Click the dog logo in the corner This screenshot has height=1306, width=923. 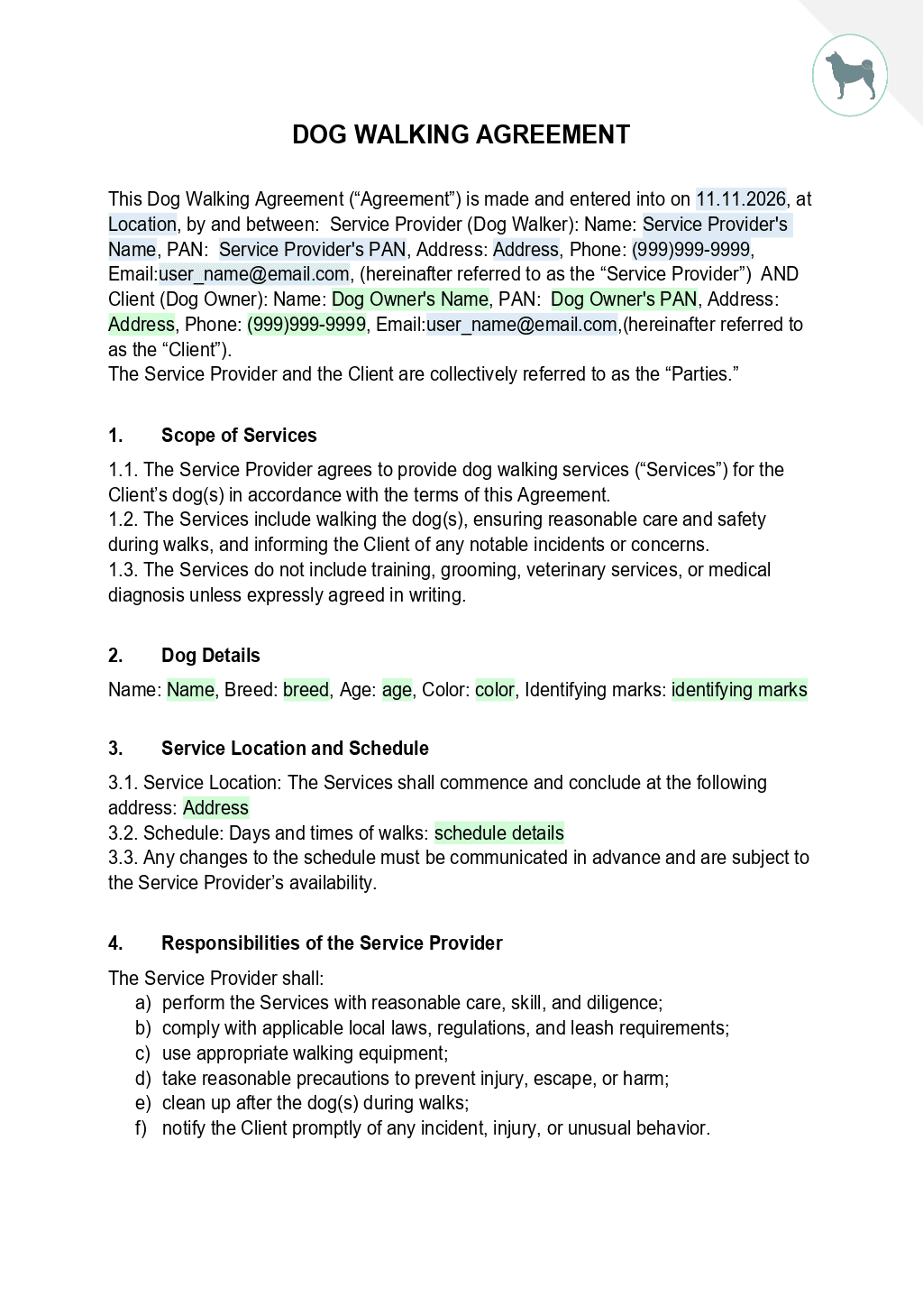click(850, 76)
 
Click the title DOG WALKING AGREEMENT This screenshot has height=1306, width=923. click(461, 134)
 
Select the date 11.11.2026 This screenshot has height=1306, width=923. click(741, 198)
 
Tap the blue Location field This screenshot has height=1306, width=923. click(142, 224)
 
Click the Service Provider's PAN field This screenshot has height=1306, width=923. click(312, 249)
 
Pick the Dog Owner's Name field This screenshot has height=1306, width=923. click(409, 299)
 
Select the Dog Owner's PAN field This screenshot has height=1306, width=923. click(624, 299)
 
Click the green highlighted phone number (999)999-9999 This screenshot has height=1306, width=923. click(306, 324)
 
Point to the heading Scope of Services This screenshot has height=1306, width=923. click(239, 436)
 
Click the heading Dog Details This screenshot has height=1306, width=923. click(210, 656)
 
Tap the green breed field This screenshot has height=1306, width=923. click(306, 690)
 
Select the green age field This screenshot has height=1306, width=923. click(397, 690)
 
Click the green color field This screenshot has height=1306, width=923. click(495, 690)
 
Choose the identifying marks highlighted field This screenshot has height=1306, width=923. click(739, 690)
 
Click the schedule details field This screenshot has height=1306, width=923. click(498, 832)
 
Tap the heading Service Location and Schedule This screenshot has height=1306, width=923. click(295, 749)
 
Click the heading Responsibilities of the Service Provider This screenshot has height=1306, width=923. click(332, 943)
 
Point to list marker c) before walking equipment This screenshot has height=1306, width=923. click(142, 1053)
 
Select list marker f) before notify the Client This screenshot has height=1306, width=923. click(141, 1128)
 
